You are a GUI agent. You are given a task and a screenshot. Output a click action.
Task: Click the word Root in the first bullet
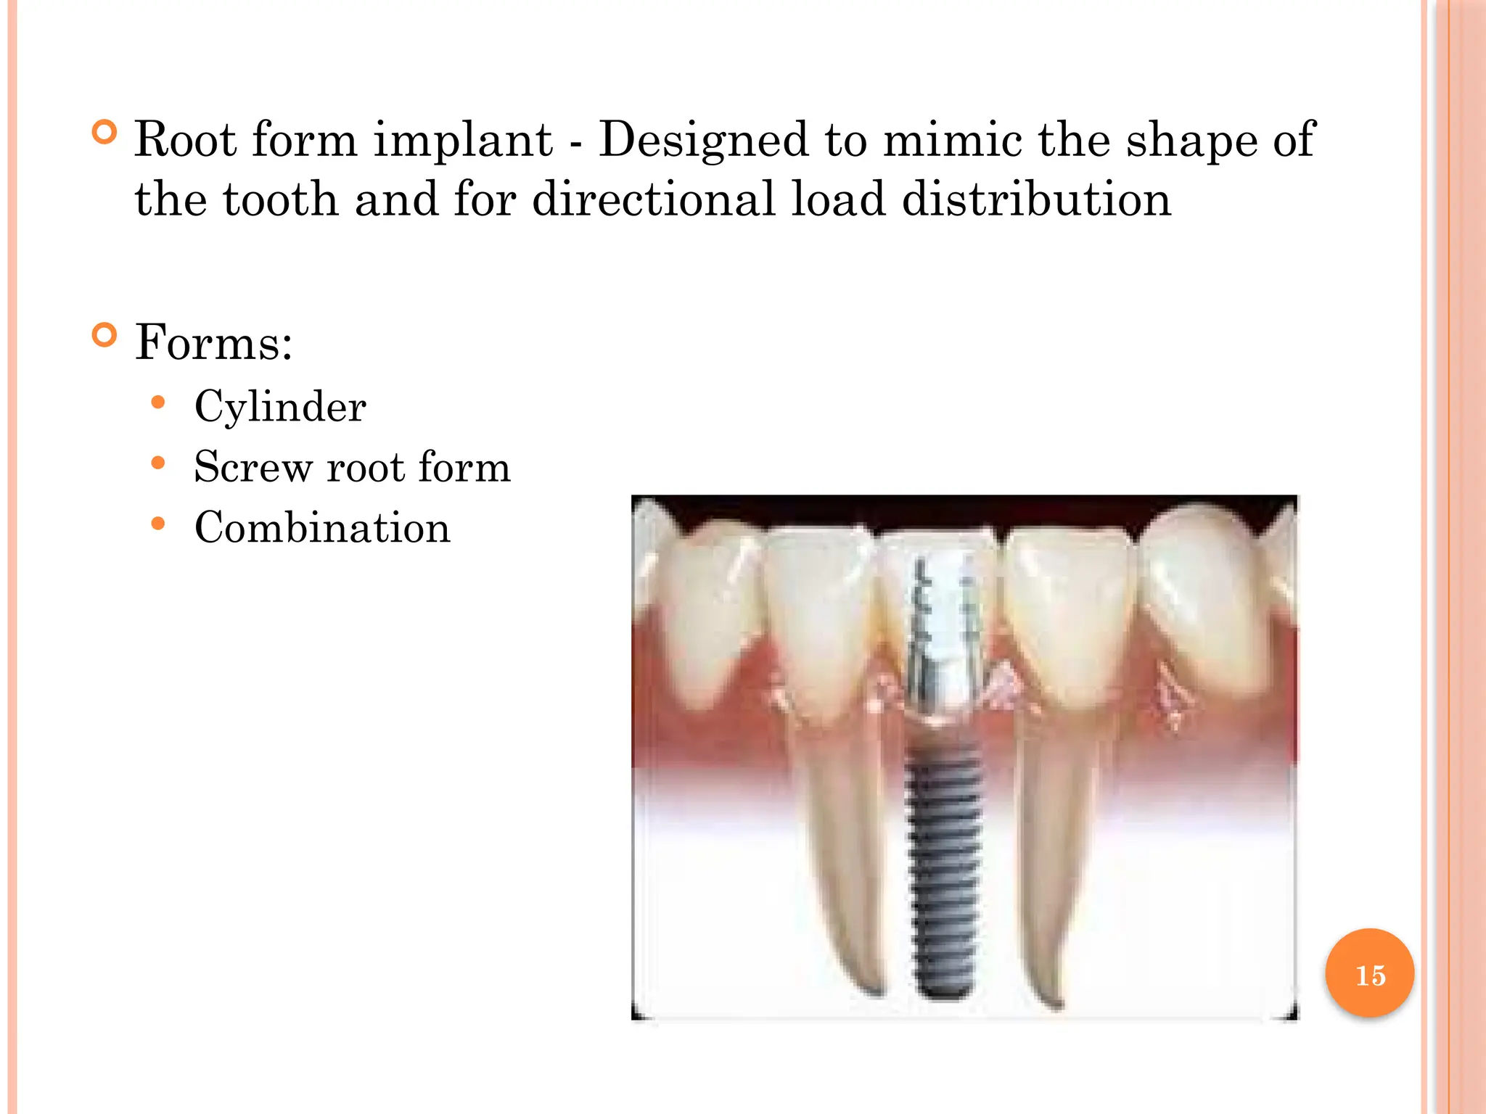(x=184, y=139)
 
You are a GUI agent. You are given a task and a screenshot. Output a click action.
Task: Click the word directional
(x=653, y=199)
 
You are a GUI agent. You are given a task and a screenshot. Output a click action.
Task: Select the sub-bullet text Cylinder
(x=280, y=407)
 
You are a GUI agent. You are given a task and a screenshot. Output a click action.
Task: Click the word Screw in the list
(x=252, y=467)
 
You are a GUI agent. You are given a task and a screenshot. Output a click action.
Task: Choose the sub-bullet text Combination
(x=322, y=527)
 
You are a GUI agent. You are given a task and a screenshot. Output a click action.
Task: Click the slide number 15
(x=1370, y=975)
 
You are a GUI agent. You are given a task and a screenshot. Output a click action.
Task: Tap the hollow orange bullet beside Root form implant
(x=104, y=133)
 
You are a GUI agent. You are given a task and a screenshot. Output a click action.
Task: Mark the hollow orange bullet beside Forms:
(x=104, y=335)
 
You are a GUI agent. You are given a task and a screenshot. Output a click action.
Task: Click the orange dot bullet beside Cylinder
(x=158, y=402)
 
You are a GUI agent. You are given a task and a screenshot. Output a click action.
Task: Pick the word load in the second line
(x=837, y=199)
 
